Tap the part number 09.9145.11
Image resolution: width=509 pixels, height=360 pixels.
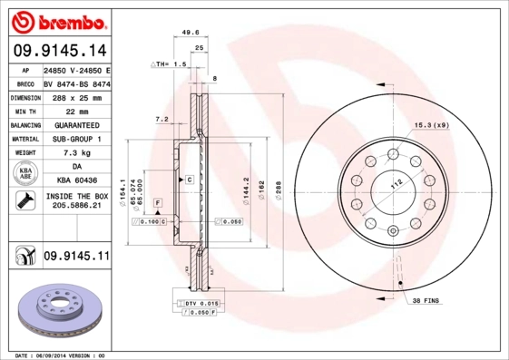(76, 258)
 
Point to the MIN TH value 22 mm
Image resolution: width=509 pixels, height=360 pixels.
(77, 111)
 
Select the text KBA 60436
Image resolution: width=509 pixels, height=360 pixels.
(77, 181)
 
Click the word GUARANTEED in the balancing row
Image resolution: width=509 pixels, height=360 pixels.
(77, 124)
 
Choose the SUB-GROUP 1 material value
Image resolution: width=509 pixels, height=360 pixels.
(77, 139)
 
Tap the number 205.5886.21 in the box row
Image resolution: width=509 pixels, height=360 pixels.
(77, 207)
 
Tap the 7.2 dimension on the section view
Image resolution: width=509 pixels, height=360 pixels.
(162, 119)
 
